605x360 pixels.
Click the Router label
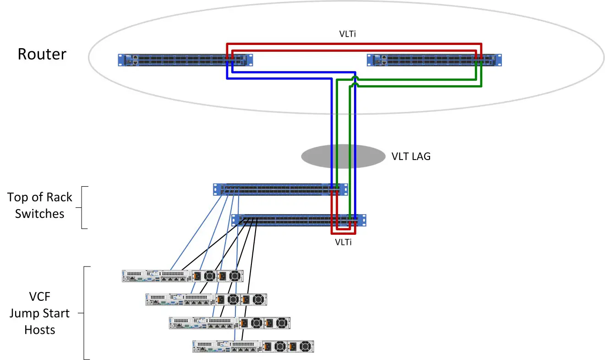tap(42, 54)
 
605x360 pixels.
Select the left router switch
tap(185, 60)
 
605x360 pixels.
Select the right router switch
tap(434, 60)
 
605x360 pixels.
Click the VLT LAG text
tap(411, 156)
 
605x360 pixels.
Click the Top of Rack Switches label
tap(39, 205)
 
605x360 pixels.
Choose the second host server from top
tap(206, 299)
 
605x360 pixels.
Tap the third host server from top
tap(229, 323)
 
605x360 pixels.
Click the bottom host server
tap(253, 346)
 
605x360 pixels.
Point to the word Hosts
tap(40, 330)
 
